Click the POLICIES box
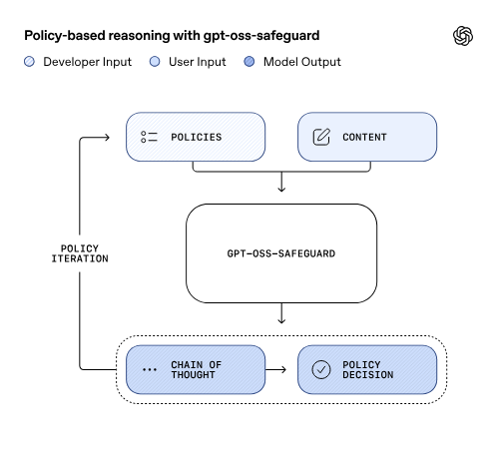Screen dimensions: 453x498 (x=196, y=137)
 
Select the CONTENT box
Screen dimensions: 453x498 (x=367, y=137)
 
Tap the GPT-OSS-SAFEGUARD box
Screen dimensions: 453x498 (x=281, y=253)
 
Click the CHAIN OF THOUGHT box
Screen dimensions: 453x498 (x=196, y=369)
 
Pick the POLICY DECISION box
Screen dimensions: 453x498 (x=367, y=369)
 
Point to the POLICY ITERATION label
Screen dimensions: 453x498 (x=80, y=253)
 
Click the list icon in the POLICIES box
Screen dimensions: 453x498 (x=150, y=137)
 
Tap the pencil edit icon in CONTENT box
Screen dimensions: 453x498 (x=321, y=137)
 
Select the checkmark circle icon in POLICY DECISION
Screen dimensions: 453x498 (x=321, y=369)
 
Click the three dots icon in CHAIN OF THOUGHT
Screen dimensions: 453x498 (x=150, y=369)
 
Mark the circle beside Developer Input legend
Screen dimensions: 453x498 (x=29, y=62)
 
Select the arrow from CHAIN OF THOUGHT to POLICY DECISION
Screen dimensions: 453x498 (x=281, y=369)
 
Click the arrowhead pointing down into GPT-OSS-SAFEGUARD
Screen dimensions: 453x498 (x=281, y=187)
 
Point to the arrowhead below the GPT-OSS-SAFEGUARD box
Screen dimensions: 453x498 (x=281, y=320)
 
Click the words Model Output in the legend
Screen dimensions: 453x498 (x=302, y=62)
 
